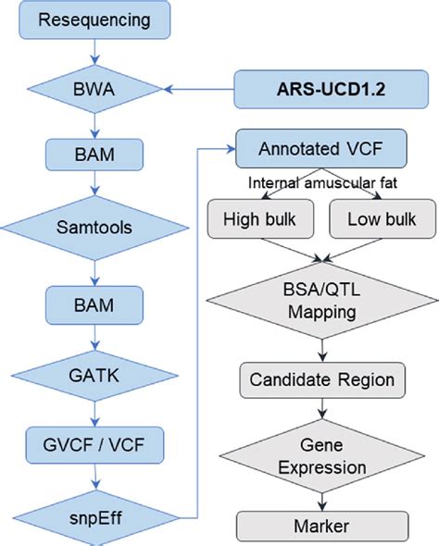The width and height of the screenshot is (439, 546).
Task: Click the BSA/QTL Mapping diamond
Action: pyautogui.click(x=320, y=298)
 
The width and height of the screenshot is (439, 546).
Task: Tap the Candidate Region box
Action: pyautogui.click(x=320, y=378)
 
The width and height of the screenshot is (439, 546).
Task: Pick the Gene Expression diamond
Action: pyautogui.click(x=320, y=454)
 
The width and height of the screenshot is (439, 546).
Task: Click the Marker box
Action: pyautogui.click(x=320, y=526)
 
